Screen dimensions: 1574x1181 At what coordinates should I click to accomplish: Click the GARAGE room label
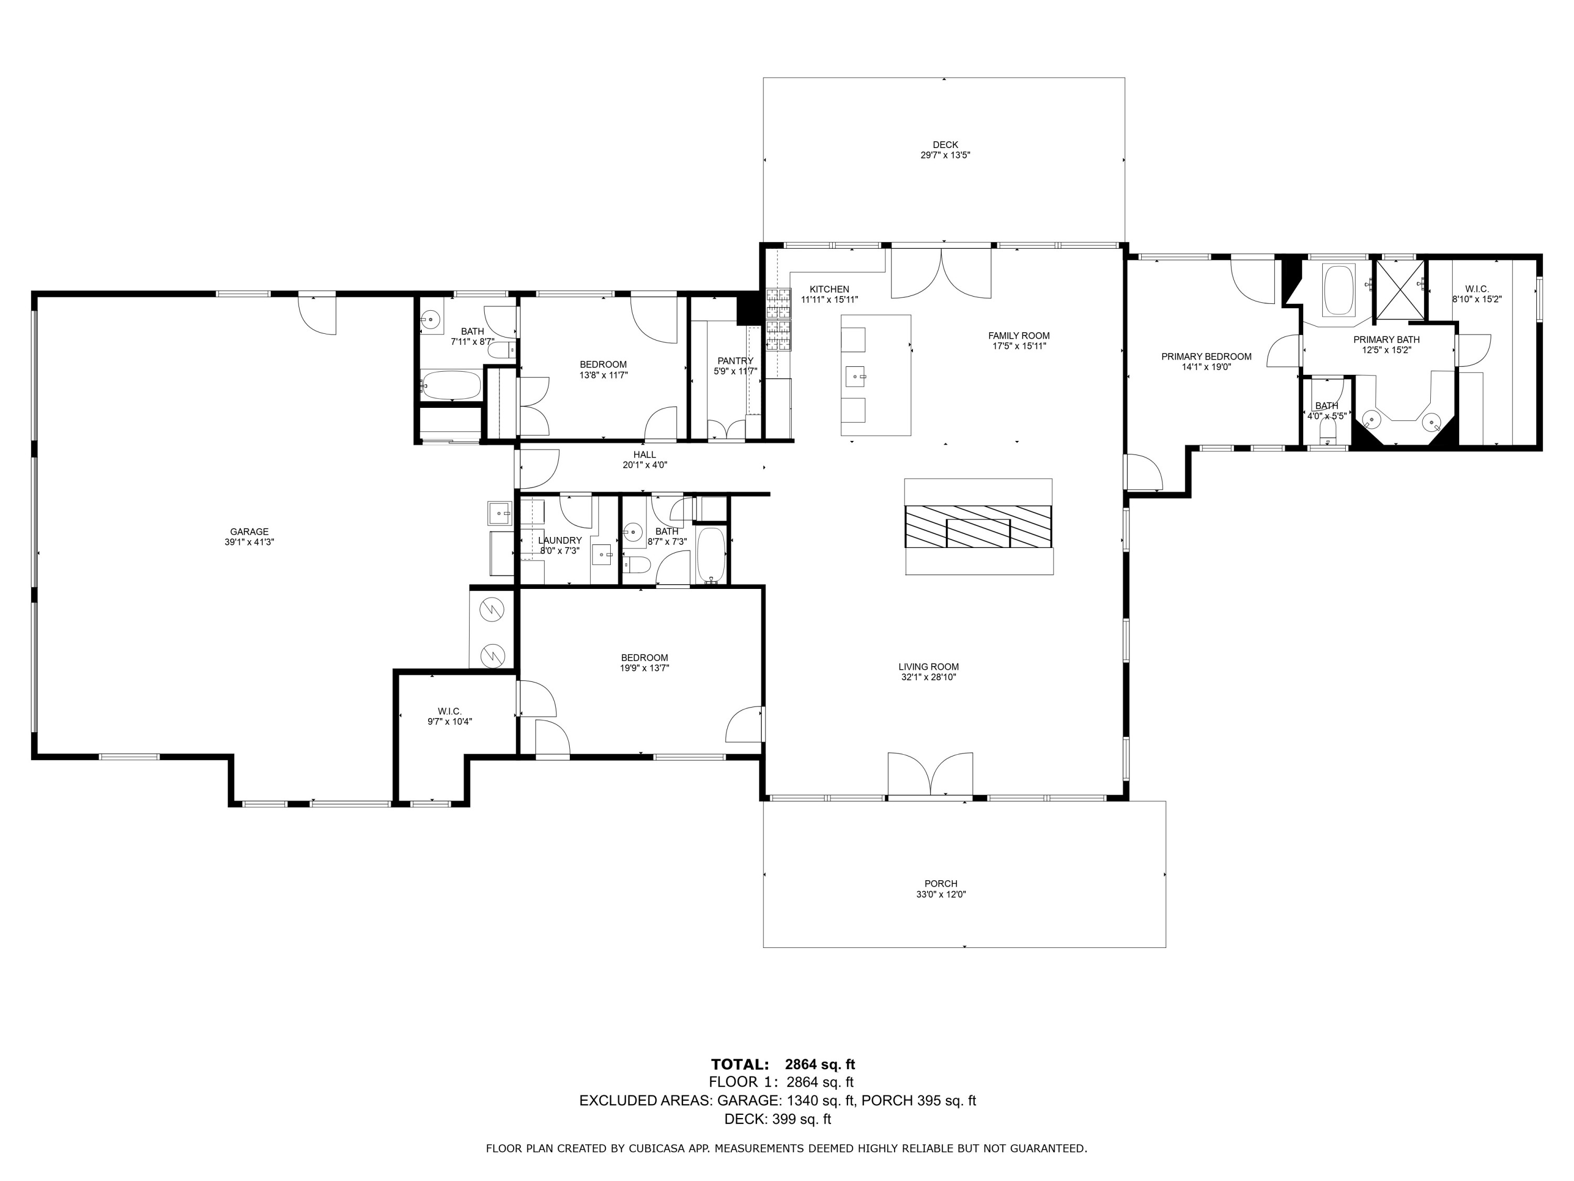[x=249, y=531]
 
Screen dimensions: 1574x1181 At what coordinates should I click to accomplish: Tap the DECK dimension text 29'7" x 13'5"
[x=945, y=154]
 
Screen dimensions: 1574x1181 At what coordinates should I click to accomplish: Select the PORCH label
[x=941, y=883]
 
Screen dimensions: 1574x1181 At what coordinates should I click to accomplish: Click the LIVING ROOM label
[x=929, y=667]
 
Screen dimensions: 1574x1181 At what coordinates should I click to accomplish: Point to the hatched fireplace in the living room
[x=979, y=527]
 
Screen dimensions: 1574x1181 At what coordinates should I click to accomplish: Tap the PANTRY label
[x=735, y=361]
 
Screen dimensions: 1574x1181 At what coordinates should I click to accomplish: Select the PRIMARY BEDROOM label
[x=1206, y=356]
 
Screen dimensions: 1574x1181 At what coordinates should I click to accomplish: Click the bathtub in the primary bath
[x=1338, y=290]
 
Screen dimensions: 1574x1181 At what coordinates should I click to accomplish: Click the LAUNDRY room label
[x=560, y=540]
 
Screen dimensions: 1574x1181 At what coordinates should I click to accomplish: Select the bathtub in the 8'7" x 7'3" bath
[x=710, y=555]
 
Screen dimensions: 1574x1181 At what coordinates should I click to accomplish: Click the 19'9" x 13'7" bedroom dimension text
[x=645, y=668]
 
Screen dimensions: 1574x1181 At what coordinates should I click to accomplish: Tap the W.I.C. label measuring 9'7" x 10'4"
[x=450, y=711]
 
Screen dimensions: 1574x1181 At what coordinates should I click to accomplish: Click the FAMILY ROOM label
[x=1019, y=335]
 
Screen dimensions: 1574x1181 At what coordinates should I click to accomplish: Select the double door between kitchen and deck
[x=941, y=272]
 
